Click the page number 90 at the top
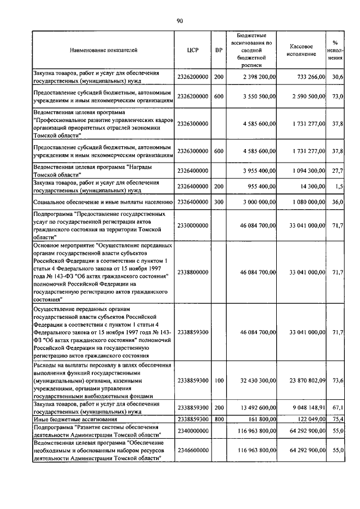tap(180, 21)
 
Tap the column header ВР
tap(219, 50)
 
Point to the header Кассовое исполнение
tap(304, 50)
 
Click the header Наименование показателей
tap(103, 50)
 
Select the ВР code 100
tap(219, 381)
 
